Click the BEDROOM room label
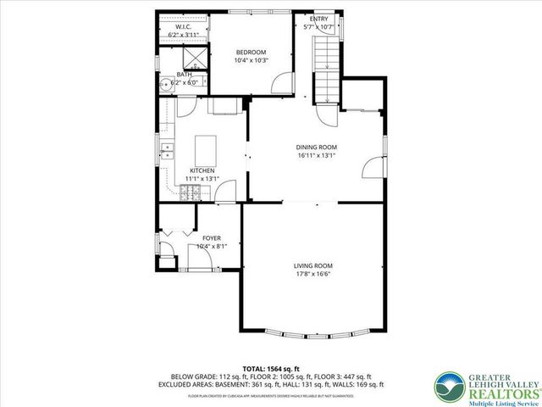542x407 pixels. tap(252, 50)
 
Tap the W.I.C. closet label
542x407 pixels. tap(184, 26)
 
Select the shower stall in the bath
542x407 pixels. tap(194, 59)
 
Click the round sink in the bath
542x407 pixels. tap(169, 82)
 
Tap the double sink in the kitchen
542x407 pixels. tap(168, 153)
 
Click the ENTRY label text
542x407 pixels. tap(319, 19)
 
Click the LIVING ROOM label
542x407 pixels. tap(312, 265)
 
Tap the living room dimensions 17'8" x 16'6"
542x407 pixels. tap(312, 275)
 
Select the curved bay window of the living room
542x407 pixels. tap(313, 332)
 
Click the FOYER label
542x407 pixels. tap(211, 238)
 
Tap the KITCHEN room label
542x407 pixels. tap(202, 170)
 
